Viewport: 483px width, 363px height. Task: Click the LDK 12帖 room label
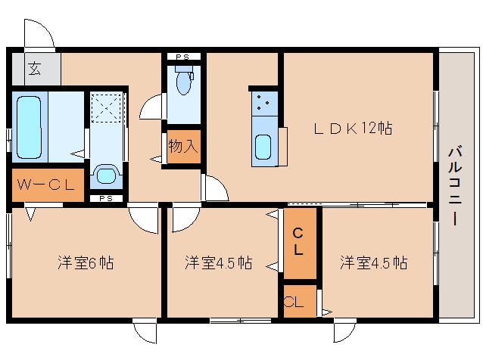353,129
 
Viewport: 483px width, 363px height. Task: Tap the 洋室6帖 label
86,263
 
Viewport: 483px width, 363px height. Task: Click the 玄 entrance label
35,70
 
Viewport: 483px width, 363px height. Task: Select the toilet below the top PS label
182,82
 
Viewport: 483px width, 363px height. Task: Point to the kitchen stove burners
265,102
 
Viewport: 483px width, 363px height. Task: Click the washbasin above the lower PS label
105,177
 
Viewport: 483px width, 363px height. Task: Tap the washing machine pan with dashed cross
105,107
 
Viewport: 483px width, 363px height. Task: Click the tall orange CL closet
299,242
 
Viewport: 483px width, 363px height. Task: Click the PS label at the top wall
182,57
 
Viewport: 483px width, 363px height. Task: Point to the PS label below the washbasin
105,199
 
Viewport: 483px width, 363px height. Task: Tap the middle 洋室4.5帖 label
218,263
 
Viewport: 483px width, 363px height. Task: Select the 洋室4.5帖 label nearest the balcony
373,263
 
